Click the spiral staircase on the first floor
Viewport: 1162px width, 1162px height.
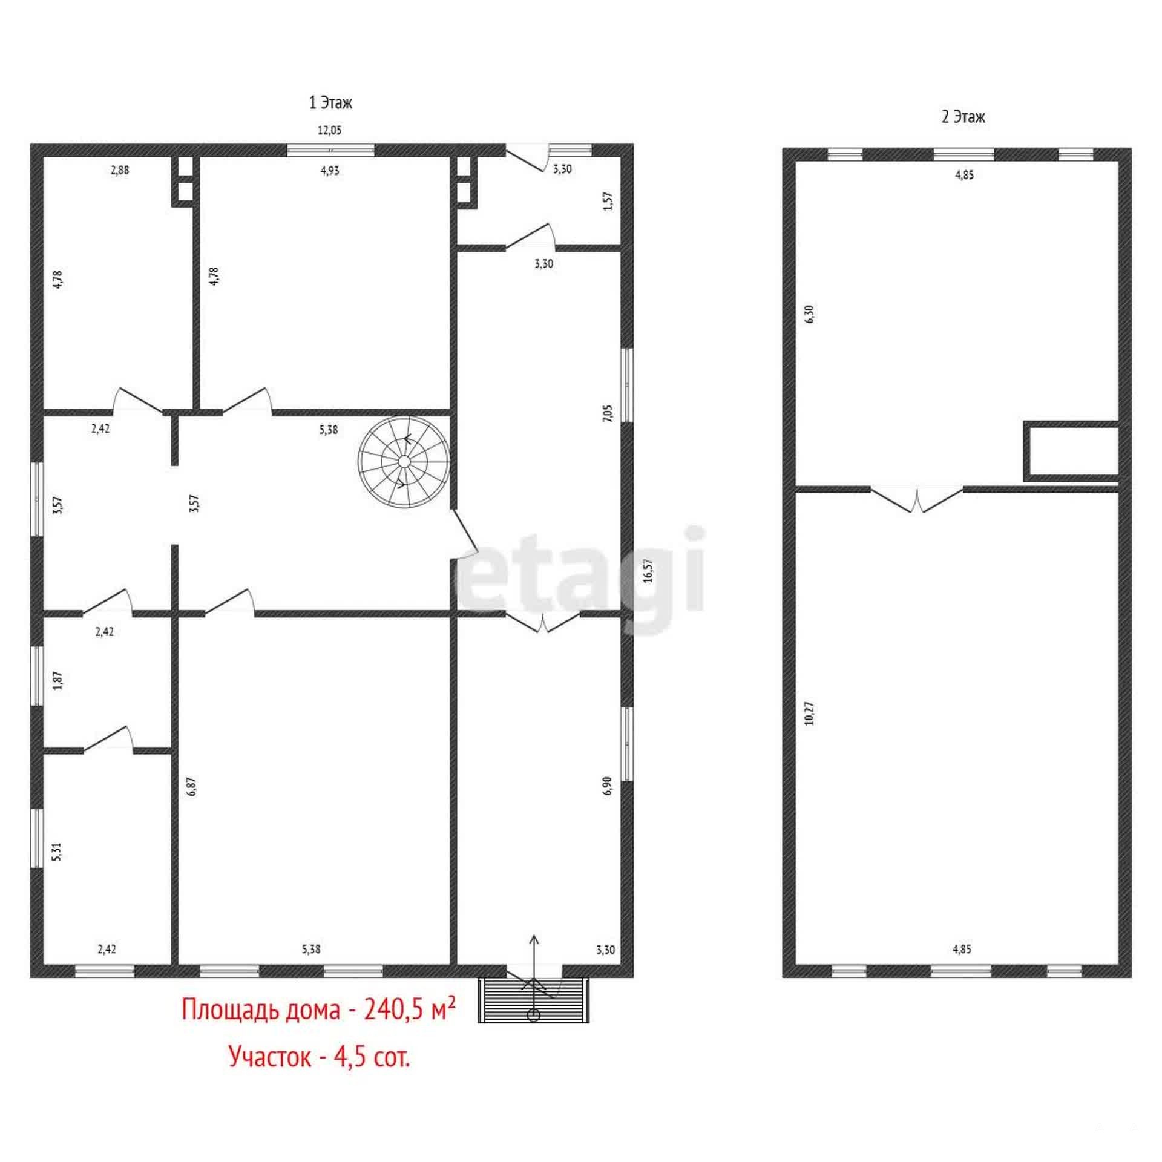404,462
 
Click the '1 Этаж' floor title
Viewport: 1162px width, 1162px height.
330,103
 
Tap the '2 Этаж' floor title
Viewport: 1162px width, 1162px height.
963,116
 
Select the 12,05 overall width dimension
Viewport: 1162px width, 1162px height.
330,130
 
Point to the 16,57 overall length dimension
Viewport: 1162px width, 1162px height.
648,570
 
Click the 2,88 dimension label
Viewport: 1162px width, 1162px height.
120,170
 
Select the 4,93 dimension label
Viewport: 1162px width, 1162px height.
330,171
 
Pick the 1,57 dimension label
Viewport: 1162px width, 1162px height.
609,200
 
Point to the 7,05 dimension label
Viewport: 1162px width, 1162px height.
608,413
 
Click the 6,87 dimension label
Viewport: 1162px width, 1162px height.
192,786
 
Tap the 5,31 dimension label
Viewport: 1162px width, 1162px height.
57,852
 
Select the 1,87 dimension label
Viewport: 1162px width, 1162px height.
58,680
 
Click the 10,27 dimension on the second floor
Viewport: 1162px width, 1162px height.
810,714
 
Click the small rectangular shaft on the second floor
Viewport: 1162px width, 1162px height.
1070,451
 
